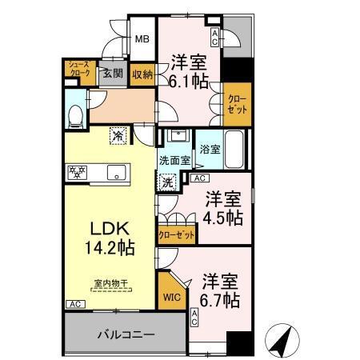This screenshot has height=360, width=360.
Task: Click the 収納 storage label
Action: click(142, 74)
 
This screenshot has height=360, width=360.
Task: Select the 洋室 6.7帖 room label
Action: click(220, 290)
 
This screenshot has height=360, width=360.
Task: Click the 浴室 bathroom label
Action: click(210, 149)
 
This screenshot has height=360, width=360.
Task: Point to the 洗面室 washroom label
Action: click(174, 159)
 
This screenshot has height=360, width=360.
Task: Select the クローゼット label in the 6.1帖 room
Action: click(237, 104)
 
